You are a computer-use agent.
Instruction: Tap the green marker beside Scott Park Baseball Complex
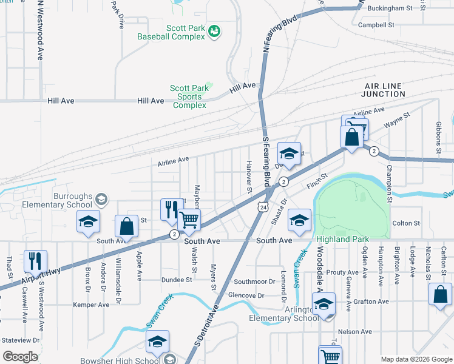[214, 31]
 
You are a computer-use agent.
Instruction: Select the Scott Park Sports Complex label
[189, 96]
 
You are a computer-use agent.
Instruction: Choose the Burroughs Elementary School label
[56, 201]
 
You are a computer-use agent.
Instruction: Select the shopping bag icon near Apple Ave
[127, 227]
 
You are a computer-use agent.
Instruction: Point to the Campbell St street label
[376, 25]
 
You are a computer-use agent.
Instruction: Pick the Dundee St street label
[177, 280]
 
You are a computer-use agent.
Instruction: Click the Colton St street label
[406, 223]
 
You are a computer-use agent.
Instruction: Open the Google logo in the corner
[20, 357]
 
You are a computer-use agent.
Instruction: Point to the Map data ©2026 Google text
[416, 359]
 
